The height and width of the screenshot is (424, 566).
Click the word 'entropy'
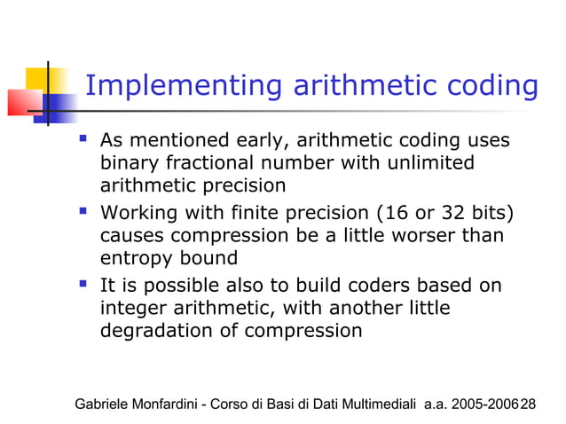tap(134, 259)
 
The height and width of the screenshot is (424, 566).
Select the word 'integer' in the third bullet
tap(134, 309)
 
